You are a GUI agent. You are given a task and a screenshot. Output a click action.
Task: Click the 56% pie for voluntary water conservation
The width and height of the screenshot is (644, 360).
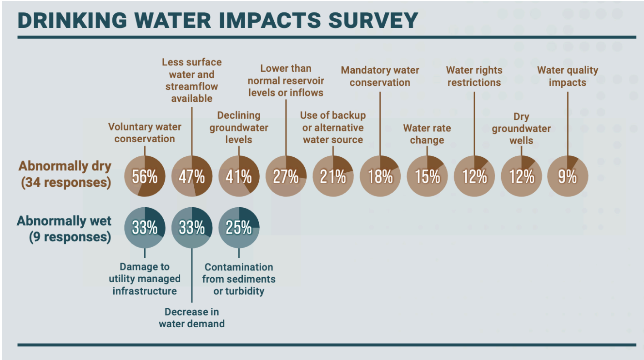145,176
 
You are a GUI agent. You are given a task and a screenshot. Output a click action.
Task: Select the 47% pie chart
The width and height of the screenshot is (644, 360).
191,176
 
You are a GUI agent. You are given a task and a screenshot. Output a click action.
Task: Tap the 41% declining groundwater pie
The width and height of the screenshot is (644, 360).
239,176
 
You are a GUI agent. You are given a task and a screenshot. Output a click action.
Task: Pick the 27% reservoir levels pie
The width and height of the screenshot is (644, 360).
286,176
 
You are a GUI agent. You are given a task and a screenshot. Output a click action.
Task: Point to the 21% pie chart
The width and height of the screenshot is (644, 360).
333,176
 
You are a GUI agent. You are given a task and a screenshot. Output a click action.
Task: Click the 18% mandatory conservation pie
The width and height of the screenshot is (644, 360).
380,176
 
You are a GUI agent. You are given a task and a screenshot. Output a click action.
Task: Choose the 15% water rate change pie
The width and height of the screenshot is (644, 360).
427,176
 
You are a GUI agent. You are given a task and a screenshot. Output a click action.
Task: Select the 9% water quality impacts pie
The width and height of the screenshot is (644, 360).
568,176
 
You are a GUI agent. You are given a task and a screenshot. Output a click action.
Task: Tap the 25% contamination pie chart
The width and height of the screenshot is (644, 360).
239,227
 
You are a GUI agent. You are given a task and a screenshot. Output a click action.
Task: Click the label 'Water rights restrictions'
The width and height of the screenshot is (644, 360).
474,76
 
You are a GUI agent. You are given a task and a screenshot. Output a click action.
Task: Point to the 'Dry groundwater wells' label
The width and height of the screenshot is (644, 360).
521,129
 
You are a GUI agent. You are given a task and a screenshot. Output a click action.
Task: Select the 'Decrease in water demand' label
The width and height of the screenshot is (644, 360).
191,318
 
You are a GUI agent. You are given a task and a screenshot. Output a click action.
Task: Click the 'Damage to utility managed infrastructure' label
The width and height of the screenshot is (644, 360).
145,279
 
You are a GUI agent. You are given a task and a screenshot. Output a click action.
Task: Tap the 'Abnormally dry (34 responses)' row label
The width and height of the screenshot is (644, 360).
65,175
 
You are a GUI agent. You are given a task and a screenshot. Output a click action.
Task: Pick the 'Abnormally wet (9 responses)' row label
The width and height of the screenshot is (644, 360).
64,229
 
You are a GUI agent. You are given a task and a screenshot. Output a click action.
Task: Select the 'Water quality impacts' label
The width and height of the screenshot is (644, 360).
568,76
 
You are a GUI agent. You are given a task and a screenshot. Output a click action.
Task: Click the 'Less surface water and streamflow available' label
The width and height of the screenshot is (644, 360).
191,80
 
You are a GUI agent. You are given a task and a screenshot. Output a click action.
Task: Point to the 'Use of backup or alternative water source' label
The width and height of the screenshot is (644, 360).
333,127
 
